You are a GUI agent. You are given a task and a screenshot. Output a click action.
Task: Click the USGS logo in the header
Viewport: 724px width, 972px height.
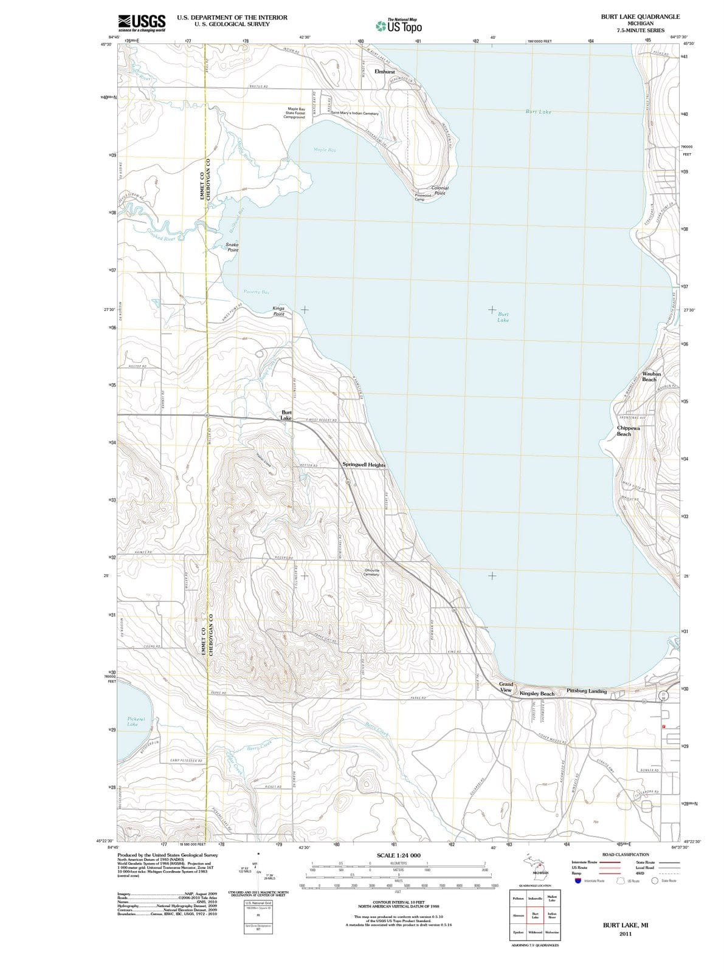coord(142,22)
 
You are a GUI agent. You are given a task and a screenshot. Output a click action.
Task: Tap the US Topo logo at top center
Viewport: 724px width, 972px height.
coord(398,26)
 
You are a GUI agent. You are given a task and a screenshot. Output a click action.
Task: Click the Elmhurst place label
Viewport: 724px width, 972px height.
coord(385,72)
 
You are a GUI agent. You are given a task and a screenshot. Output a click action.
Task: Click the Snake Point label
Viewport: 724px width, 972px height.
coord(232,247)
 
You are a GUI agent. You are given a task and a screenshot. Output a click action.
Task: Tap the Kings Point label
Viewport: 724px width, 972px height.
coord(278,311)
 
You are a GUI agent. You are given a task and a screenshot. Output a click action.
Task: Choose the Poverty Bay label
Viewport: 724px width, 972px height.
coord(257,292)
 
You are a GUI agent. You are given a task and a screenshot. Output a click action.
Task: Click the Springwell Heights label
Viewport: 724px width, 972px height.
coord(364,465)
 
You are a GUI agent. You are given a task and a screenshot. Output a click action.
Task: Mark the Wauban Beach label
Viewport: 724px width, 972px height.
coord(651,377)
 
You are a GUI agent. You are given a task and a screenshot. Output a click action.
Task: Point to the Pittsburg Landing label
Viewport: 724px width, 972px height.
coord(586,691)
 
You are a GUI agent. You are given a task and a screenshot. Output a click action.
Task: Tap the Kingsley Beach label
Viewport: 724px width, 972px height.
coord(537,693)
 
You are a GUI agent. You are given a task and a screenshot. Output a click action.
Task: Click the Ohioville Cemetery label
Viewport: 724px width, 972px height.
coord(371,572)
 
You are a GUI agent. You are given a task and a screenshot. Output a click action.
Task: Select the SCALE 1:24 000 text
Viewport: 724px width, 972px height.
coord(398,855)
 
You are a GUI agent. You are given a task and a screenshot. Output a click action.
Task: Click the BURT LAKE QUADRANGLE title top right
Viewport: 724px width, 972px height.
coord(640,17)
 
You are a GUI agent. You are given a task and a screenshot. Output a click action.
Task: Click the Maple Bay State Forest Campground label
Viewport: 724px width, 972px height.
coord(294,113)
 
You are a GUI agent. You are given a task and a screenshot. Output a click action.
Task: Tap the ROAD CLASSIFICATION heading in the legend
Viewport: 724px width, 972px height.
coord(626,854)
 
